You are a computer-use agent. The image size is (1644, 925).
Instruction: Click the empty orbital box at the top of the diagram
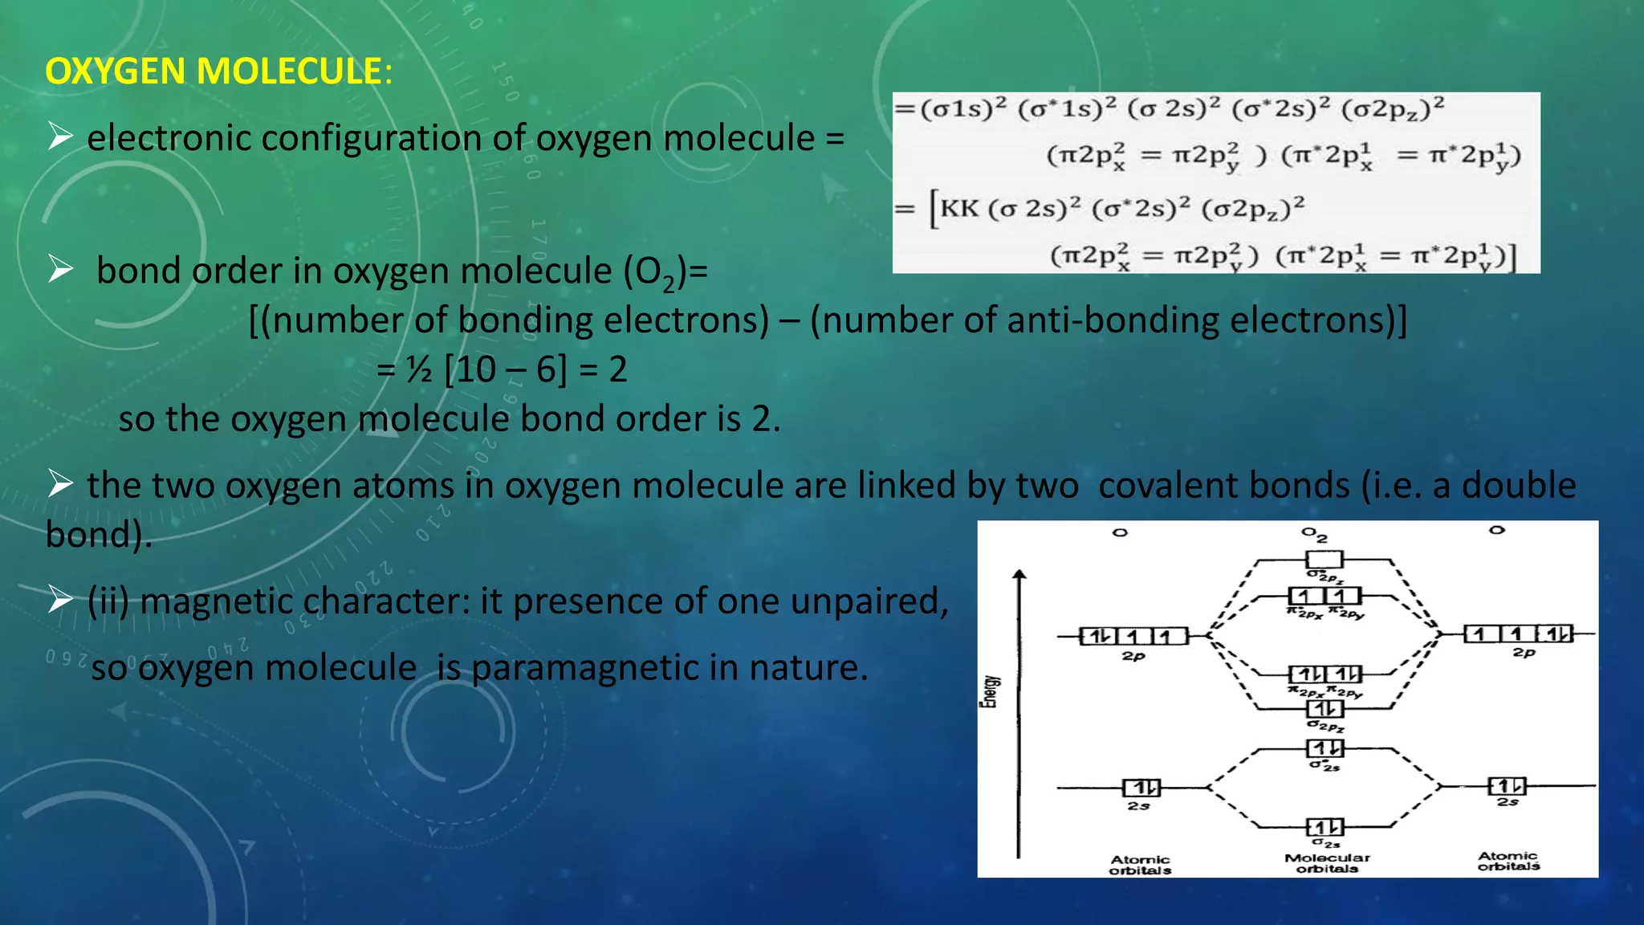1324,560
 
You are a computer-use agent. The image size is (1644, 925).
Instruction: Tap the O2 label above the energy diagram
1314,534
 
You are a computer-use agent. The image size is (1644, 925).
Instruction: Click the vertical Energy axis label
991,691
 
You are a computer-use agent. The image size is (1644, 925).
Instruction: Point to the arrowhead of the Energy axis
1019,574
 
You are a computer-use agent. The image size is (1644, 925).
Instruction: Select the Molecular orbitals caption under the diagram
1327,863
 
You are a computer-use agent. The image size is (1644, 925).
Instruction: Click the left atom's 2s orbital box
1141,788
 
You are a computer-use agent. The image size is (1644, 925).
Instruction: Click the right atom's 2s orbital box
1507,786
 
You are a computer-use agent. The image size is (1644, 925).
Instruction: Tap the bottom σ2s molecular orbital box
1325,827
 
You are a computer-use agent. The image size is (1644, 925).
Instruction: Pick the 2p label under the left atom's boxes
1133,656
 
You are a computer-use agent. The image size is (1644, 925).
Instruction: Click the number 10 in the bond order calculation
476,370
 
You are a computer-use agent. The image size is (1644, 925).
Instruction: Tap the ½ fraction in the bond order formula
418,370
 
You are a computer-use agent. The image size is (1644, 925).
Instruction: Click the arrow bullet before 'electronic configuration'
60,137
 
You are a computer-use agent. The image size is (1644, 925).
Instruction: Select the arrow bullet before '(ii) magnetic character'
60,599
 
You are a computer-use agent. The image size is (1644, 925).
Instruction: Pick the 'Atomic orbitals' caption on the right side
1508,861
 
